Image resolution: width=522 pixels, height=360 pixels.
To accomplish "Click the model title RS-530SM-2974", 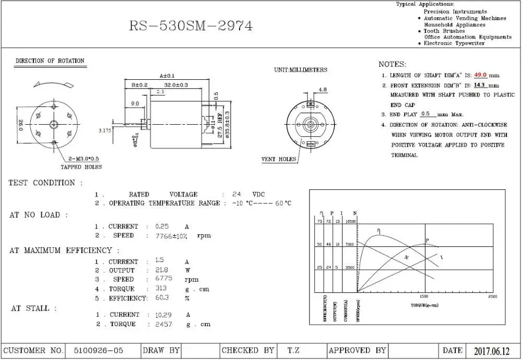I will click(x=191, y=26).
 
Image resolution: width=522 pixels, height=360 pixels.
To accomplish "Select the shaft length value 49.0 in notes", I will click(x=480, y=75).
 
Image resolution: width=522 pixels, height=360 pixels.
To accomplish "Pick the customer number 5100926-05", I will click(x=99, y=351).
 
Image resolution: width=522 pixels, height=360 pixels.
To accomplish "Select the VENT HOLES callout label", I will click(x=279, y=159).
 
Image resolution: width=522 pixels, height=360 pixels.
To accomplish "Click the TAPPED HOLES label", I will click(x=81, y=167).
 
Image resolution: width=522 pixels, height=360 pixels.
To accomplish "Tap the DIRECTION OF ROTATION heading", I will click(x=50, y=61).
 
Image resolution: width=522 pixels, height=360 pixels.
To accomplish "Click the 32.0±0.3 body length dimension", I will click(x=176, y=85).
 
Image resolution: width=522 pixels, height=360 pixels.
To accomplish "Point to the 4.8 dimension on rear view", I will click(x=323, y=90).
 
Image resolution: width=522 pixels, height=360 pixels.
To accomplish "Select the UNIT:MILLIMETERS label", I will click(x=301, y=70).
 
